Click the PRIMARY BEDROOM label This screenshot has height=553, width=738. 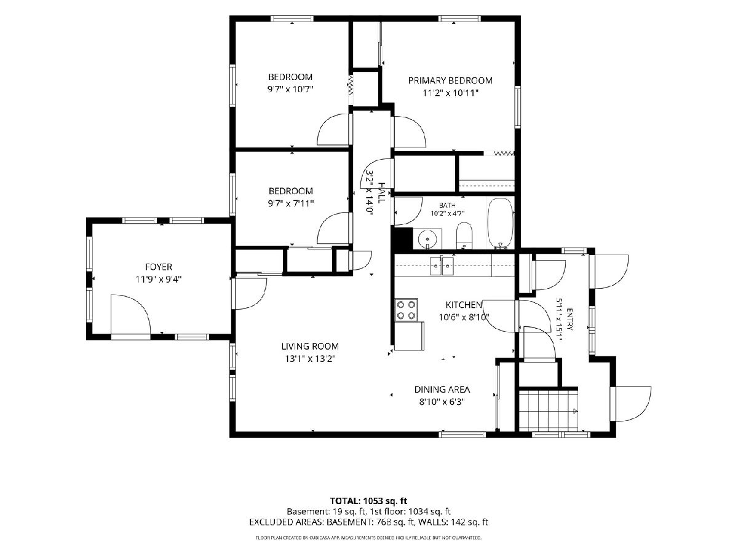450,80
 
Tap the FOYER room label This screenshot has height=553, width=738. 159,267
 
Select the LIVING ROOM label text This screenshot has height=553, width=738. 310,346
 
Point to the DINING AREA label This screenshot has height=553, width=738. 442,390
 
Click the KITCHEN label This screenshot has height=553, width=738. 464,305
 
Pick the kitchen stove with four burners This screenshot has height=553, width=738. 406,310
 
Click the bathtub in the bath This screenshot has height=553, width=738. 501,223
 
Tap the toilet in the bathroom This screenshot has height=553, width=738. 464,235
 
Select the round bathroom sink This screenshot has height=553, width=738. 427,240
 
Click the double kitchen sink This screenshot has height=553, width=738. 442,266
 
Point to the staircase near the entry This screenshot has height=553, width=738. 549,410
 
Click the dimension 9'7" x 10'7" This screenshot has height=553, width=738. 290,89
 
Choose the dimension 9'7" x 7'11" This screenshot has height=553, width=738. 291,203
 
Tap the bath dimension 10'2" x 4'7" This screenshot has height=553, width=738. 448,213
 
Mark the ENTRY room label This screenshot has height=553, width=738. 569,320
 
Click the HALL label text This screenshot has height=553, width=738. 382,193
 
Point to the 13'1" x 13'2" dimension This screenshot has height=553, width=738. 311,359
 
